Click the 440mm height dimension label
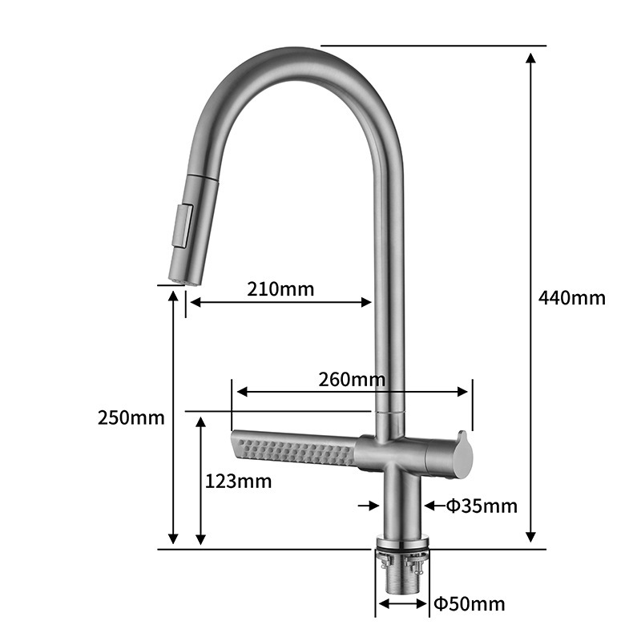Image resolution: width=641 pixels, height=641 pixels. click(571, 297)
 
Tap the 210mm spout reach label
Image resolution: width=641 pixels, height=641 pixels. click(280, 289)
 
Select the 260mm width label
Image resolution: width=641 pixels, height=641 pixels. click(352, 379)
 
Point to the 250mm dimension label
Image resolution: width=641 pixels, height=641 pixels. click(131, 417)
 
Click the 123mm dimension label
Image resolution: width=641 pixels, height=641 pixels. click(238, 482)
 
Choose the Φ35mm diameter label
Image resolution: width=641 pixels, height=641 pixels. click(482, 506)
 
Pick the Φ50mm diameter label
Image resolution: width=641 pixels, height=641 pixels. click(470, 603)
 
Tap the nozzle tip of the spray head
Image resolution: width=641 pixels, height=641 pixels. click(184, 280)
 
